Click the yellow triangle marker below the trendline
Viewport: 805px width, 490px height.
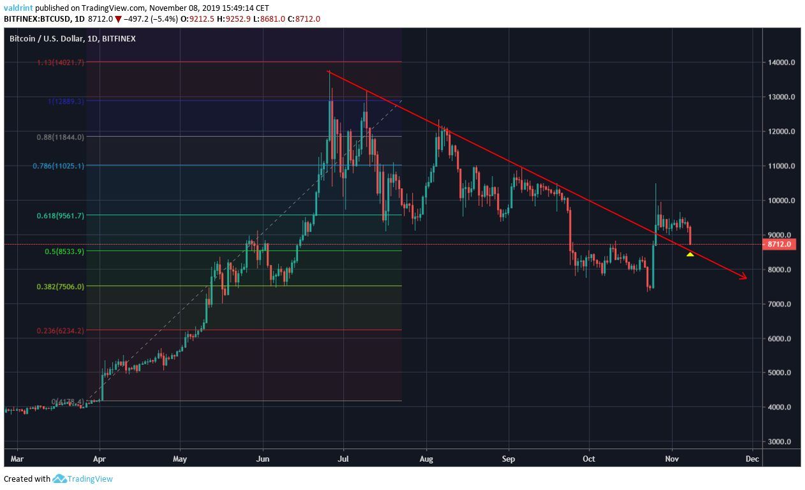pyautogui.click(x=690, y=255)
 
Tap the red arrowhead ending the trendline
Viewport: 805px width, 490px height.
pyautogui.click(x=744, y=277)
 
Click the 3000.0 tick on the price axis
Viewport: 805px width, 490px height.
pyautogui.click(x=779, y=442)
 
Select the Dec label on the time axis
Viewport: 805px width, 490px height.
pyautogui.click(x=752, y=458)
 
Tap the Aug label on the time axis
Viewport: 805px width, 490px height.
pyautogui.click(x=427, y=458)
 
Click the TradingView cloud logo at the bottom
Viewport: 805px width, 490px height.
pyautogui.click(x=60, y=479)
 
